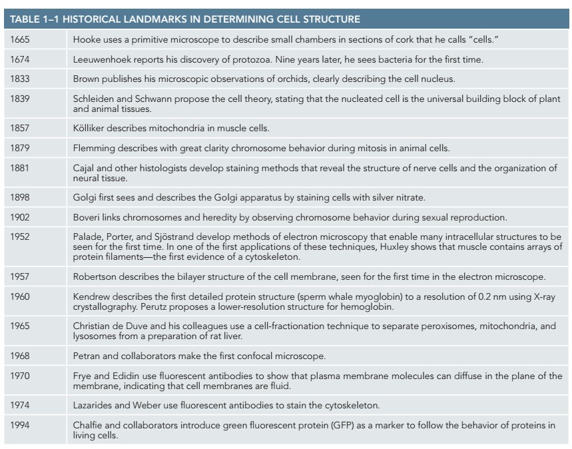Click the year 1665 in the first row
pyautogui.click(x=20, y=41)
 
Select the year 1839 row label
pyautogui.click(x=20, y=99)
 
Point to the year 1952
pyautogui.click(x=20, y=236)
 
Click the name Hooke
pyautogui.click(x=87, y=41)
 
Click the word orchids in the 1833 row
pyautogui.click(x=283, y=79)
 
